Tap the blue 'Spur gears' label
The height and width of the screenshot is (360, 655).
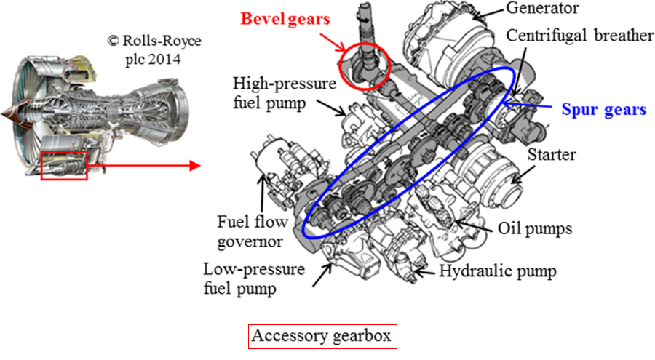tap(603, 110)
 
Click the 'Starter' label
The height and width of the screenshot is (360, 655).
tap(552, 155)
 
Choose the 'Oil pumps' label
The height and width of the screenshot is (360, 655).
tap(536, 228)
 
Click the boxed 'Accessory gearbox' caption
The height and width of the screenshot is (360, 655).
tap(321, 336)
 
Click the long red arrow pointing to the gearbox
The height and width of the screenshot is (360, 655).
tap(142, 166)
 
